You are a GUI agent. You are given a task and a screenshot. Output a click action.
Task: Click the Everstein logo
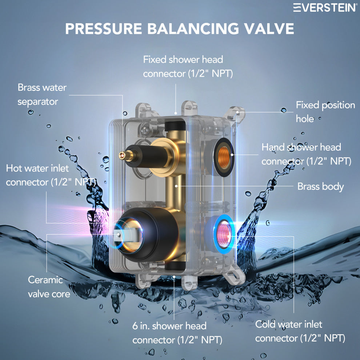click(325, 7)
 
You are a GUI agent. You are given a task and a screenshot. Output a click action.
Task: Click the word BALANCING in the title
click(193, 29)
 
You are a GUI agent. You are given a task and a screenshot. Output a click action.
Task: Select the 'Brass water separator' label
click(42, 95)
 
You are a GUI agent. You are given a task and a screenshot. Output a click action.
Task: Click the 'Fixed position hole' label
click(325, 112)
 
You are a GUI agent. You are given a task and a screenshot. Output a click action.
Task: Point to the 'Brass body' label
click(320, 187)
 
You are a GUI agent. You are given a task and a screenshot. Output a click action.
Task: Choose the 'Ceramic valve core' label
click(49, 287)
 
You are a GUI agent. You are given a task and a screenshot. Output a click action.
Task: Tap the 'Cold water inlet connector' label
click(300, 331)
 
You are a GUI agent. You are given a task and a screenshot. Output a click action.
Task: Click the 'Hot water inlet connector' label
click(51, 175)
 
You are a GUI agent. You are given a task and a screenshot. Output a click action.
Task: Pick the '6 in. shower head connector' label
click(177, 333)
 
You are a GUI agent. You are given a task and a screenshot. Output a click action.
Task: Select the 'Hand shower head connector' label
click(306, 154)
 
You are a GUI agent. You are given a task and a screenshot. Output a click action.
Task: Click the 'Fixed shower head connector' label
click(188, 67)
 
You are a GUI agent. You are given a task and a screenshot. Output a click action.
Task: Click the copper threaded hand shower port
click(224, 157)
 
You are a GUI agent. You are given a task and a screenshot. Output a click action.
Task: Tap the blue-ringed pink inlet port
click(224, 234)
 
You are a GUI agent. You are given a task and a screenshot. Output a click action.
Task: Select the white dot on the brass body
click(176, 186)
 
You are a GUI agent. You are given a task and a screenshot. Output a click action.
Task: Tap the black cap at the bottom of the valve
click(175, 266)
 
